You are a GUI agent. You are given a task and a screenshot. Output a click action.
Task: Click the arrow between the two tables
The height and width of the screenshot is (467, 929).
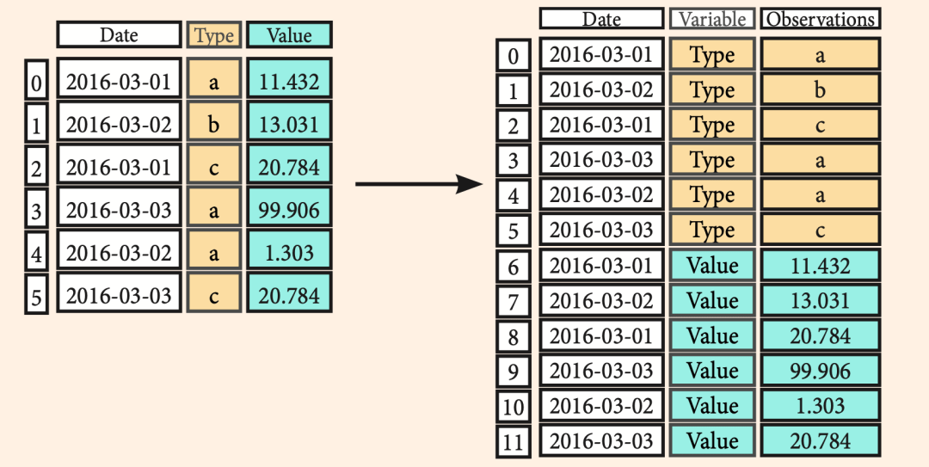[x=419, y=184]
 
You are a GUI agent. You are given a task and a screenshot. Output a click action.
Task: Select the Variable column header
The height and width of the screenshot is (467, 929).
[x=712, y=18]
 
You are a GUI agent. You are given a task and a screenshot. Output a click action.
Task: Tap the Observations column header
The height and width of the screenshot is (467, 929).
[x=820, y=18]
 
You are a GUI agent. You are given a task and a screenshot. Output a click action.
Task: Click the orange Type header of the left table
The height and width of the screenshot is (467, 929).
[x=214, y=34]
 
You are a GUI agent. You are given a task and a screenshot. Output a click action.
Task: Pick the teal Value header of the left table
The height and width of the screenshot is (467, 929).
[x=289, y=34]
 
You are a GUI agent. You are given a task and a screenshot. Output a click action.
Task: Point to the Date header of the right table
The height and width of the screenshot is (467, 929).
[x=601, y=18]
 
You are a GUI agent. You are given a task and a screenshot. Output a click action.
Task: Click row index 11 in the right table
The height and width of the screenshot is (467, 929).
[x=513, y=441]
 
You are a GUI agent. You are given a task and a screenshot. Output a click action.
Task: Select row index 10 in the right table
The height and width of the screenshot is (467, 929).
[x=513, y=407]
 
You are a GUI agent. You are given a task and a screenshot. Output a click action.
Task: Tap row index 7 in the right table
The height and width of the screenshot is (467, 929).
[x=513, y=302]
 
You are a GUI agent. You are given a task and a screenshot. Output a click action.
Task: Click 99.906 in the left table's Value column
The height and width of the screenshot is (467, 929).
[x=289, y=210]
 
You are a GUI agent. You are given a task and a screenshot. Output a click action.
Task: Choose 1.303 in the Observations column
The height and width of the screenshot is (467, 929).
[x=820, y=406]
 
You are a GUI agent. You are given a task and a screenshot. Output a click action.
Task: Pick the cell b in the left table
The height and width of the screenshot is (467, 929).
[x=214, y=124]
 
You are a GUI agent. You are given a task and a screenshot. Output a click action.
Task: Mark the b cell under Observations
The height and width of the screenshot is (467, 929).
[x=820, y=89]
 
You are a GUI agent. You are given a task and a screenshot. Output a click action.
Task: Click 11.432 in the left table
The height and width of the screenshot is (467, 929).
[x=289, y=81]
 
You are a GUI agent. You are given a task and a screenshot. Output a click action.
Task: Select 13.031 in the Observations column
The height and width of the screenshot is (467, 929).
[x=820, y=300]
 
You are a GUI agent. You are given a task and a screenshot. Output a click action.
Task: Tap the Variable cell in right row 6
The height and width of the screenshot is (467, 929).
[x=712, y=266]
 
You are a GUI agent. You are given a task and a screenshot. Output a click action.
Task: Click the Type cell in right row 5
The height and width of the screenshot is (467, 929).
[x=712, y=230]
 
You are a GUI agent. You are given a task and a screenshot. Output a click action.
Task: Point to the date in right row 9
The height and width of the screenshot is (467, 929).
[x=601, y=371]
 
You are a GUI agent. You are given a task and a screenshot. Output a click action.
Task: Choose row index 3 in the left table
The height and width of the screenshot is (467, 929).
[x=36, y=211]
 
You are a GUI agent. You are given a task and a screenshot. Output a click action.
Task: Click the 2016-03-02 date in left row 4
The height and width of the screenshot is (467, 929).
[x=119, y=253]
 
